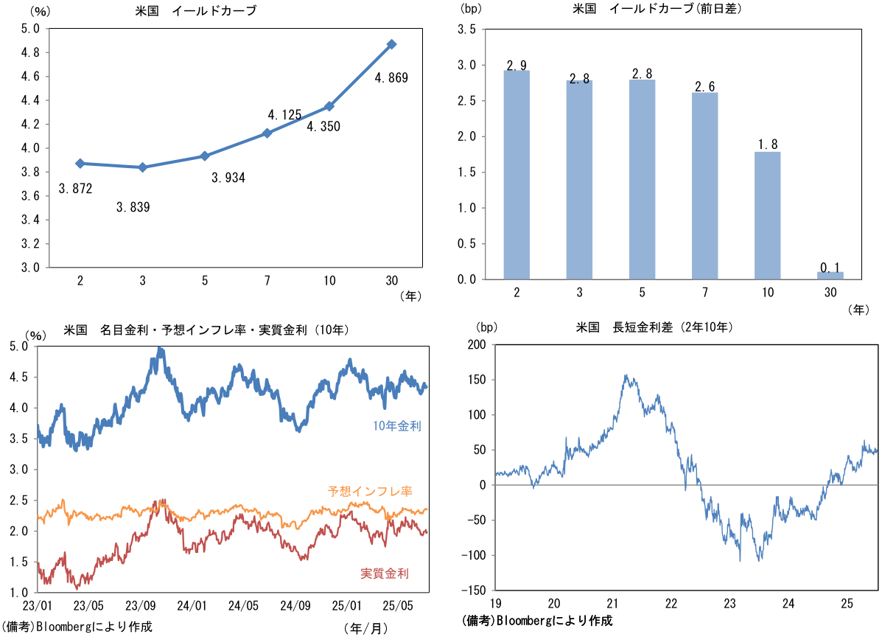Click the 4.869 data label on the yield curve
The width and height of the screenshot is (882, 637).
pyautogui.click(x=391, y=77)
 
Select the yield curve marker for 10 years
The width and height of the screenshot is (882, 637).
pyautogui.click(x=329, y=106)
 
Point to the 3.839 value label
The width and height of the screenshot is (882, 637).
pyautogui.click(x=133, y=207)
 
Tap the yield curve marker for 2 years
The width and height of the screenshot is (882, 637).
pyautogui.click(x=80, y=163)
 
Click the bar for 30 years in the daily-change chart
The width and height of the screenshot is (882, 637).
pyautogui.click(x=830, y=276)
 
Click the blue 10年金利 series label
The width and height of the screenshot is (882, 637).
pyautogui.click(x=397, y=425)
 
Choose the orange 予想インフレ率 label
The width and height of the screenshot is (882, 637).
pyautogui.click(x=379, y=491)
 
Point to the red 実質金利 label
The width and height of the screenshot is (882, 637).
pyautogui.click(x=385, y=574)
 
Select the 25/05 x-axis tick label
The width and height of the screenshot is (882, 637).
pyautogui.click(x=399, y=607)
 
